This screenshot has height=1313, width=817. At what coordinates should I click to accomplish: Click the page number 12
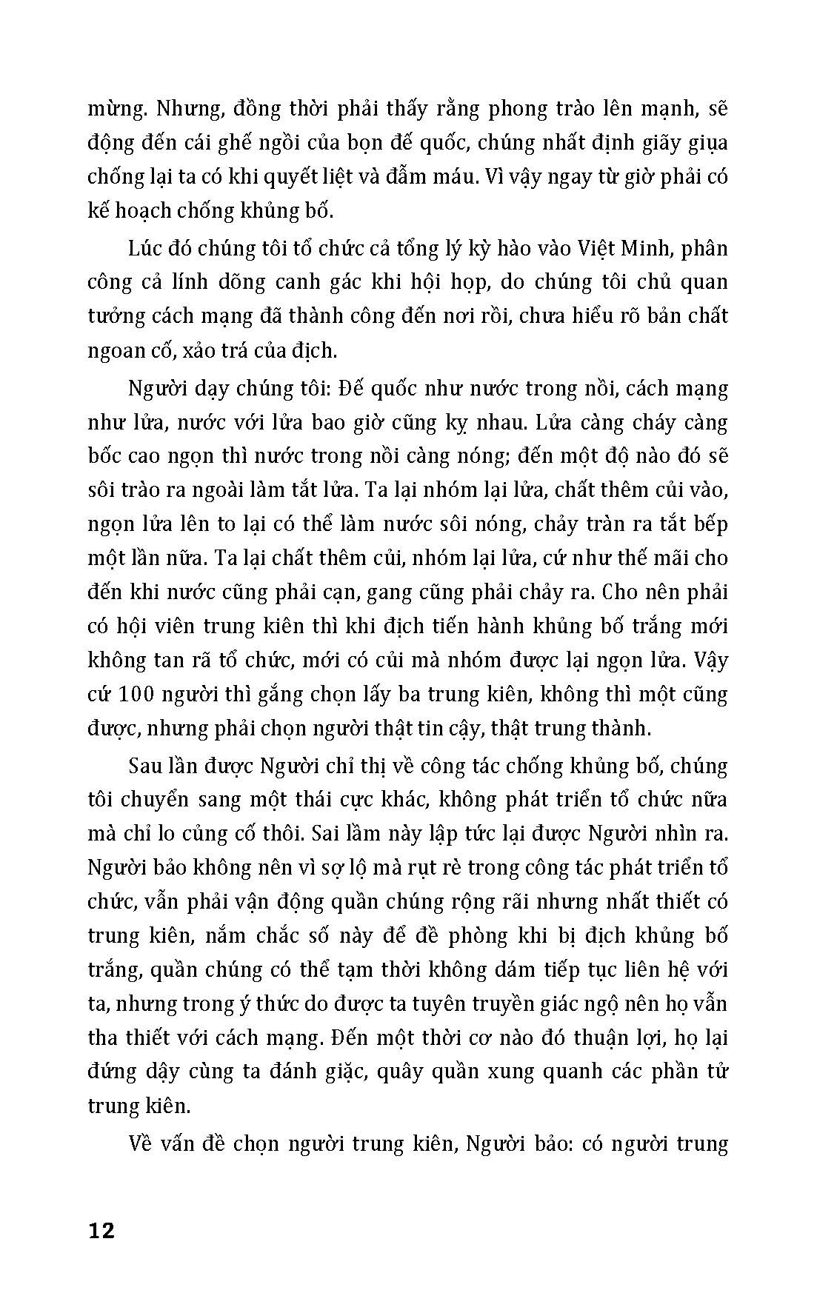(x=101, y=1232)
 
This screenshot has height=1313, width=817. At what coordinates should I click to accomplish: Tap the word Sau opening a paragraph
(x=147, y=765)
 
